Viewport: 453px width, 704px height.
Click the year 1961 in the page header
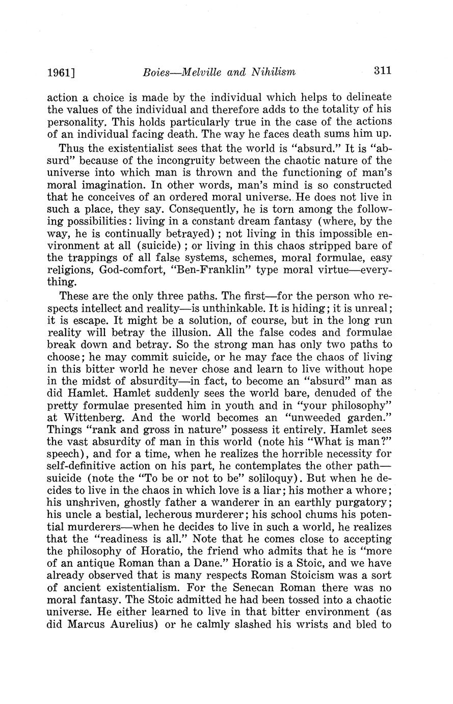point(59,72)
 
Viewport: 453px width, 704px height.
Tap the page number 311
point(382,71)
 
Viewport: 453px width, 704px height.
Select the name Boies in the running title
point(156,72)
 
